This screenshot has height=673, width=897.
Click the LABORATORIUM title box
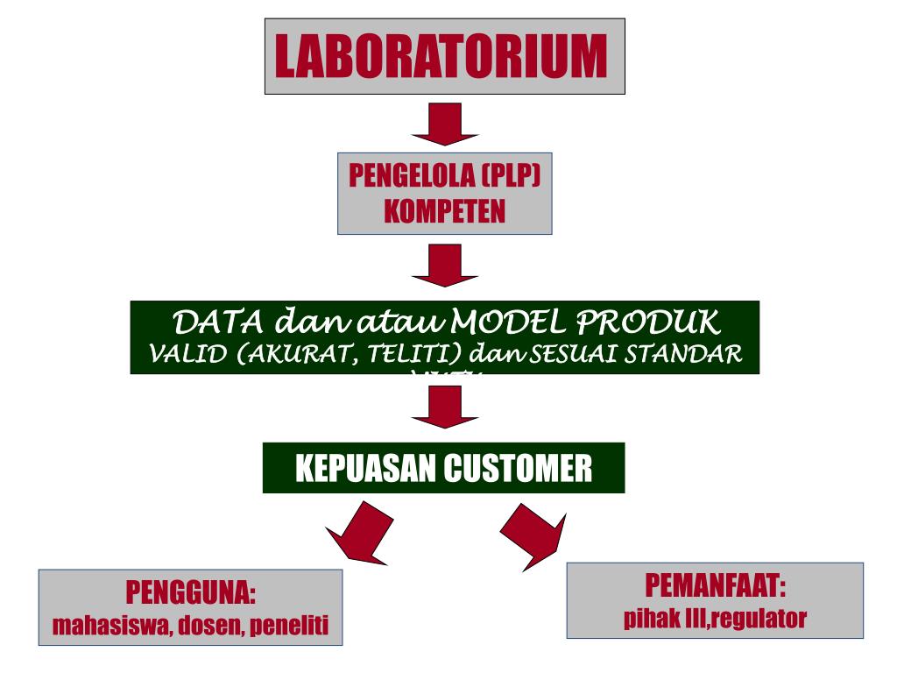coord(444,56)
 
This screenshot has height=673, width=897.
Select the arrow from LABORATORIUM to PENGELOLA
coord(444,124)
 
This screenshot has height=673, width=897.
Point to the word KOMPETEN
coord(444,211)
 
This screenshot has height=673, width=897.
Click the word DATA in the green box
coord(210,323)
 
